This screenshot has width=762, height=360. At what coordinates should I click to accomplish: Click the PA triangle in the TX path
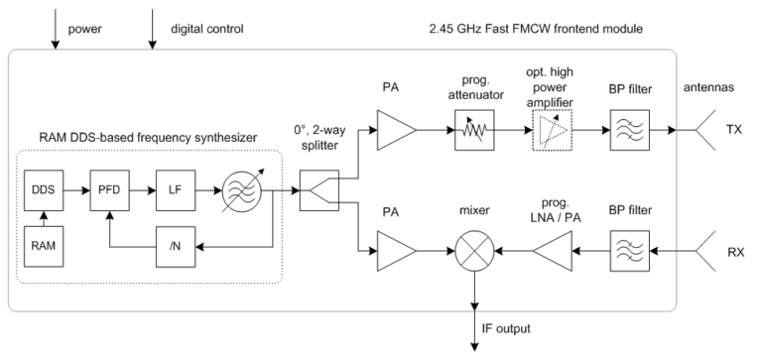(x=396, y=130)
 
